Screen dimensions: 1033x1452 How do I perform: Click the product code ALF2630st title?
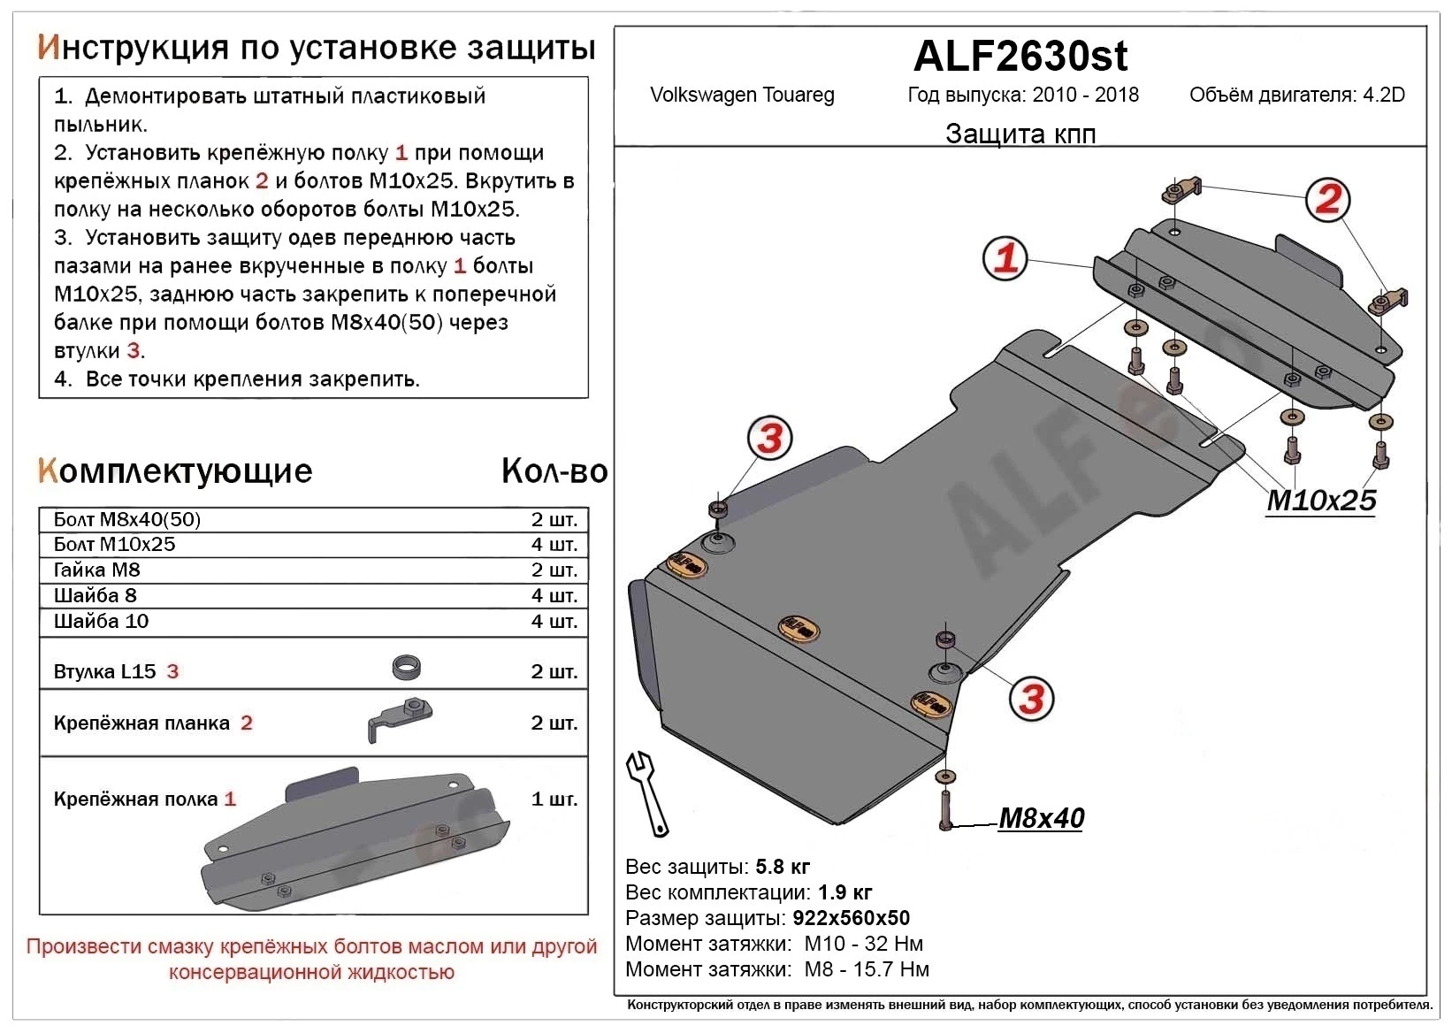point(1020,57)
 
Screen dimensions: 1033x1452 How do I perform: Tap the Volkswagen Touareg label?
point(742,96)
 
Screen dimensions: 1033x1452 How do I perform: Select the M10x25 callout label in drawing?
point(1321,501)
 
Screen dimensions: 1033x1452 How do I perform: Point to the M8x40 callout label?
point(1041,818)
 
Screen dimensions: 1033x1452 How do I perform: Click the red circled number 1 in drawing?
point(1006,258)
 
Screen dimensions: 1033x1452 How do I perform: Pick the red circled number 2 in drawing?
point(1327,199)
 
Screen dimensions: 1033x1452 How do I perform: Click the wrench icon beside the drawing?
point(647,793)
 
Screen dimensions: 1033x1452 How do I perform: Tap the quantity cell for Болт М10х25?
point(554,545)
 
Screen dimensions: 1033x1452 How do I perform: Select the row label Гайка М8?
point(97,570)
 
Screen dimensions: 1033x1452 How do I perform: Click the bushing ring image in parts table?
point(406,668)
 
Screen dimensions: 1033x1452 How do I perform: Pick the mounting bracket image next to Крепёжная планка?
point(399,718)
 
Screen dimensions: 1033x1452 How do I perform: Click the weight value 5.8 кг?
point(783,867)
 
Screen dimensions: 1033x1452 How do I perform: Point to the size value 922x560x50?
point(851,918)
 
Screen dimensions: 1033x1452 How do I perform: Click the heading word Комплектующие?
point(175,471)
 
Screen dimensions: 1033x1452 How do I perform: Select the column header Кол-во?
point(554,471)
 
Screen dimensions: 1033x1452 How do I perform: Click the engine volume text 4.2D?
point(1383,96)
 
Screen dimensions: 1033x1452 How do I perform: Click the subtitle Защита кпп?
point(1020,134)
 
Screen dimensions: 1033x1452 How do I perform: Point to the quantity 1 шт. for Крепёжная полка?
point(554,800)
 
